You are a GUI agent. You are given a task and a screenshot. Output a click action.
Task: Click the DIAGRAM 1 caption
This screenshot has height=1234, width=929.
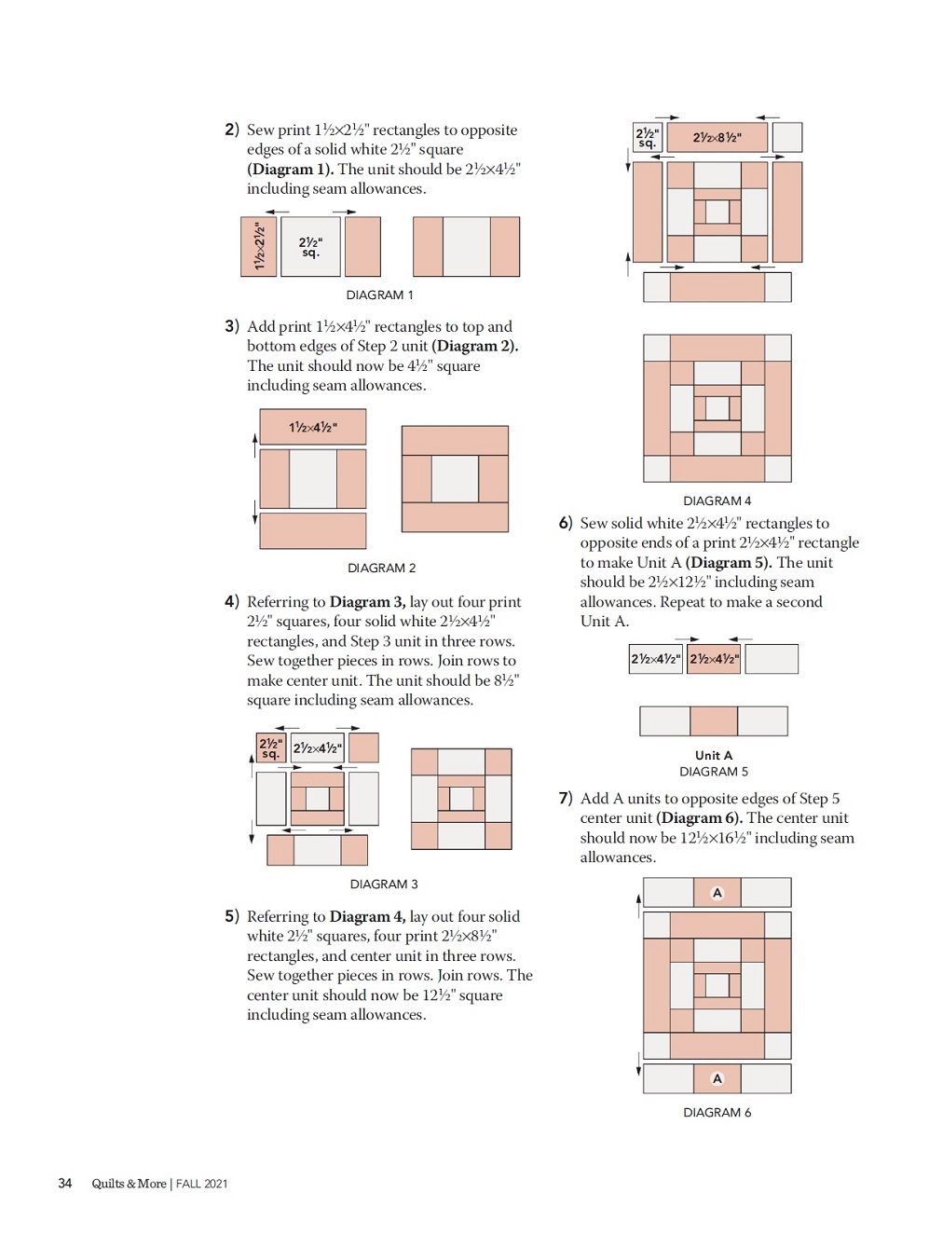(379, 295)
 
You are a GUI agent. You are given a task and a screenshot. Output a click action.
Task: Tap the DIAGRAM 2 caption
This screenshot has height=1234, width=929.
(382, 568)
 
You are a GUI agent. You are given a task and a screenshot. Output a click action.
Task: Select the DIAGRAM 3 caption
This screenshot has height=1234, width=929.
(384, 884)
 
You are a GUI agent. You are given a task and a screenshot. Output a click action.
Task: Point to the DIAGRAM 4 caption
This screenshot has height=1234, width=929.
(717, 500)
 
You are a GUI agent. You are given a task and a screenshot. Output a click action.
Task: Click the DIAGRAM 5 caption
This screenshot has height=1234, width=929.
(714, 772)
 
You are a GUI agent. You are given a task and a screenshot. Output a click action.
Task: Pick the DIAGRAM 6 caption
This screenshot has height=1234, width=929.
(717, 1112)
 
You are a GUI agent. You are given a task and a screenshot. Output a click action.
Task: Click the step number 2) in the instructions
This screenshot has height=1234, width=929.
(232, 130)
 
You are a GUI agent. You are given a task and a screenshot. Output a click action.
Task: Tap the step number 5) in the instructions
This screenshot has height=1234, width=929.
(232, 916)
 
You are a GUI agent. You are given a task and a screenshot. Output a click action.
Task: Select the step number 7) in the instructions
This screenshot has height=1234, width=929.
(566, 798)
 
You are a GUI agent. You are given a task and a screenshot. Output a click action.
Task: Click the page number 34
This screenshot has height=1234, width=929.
(65, 1183)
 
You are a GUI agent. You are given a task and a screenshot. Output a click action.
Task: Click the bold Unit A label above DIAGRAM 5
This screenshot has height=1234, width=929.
(714, 756)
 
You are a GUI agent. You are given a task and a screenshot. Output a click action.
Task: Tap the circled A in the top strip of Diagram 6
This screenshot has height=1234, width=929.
(717, 893)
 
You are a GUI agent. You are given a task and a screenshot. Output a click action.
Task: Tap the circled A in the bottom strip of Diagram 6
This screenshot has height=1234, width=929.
(717, 1078)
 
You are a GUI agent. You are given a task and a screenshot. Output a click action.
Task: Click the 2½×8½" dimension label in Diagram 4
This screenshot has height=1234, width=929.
(717, 137)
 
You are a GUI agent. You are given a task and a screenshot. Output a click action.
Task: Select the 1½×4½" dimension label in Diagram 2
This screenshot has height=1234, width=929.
(313, 427)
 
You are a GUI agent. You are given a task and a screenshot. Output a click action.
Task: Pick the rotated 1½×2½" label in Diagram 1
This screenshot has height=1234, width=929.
(259, 246)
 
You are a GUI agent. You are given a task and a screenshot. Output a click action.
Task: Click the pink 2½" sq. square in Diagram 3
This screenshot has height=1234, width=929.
(271, 748)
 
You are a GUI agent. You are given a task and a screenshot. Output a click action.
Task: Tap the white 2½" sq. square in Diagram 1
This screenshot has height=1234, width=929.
(311, 247)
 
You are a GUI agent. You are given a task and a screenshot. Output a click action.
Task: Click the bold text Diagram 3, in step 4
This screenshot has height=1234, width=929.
(367, 602)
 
